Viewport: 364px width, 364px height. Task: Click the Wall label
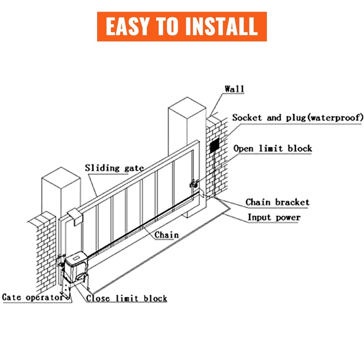point(234,89)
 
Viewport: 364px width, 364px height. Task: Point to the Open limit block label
point(273,149)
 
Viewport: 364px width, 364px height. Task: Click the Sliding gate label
point(114,168)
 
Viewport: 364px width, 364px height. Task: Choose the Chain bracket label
point(277,202)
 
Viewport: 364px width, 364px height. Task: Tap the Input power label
point(274,217)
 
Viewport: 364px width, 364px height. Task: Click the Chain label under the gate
point(166,235)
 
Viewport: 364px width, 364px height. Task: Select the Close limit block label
point(126,298)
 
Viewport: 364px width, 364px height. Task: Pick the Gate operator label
point(33,297)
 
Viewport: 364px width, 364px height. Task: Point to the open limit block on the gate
point(193,185)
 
